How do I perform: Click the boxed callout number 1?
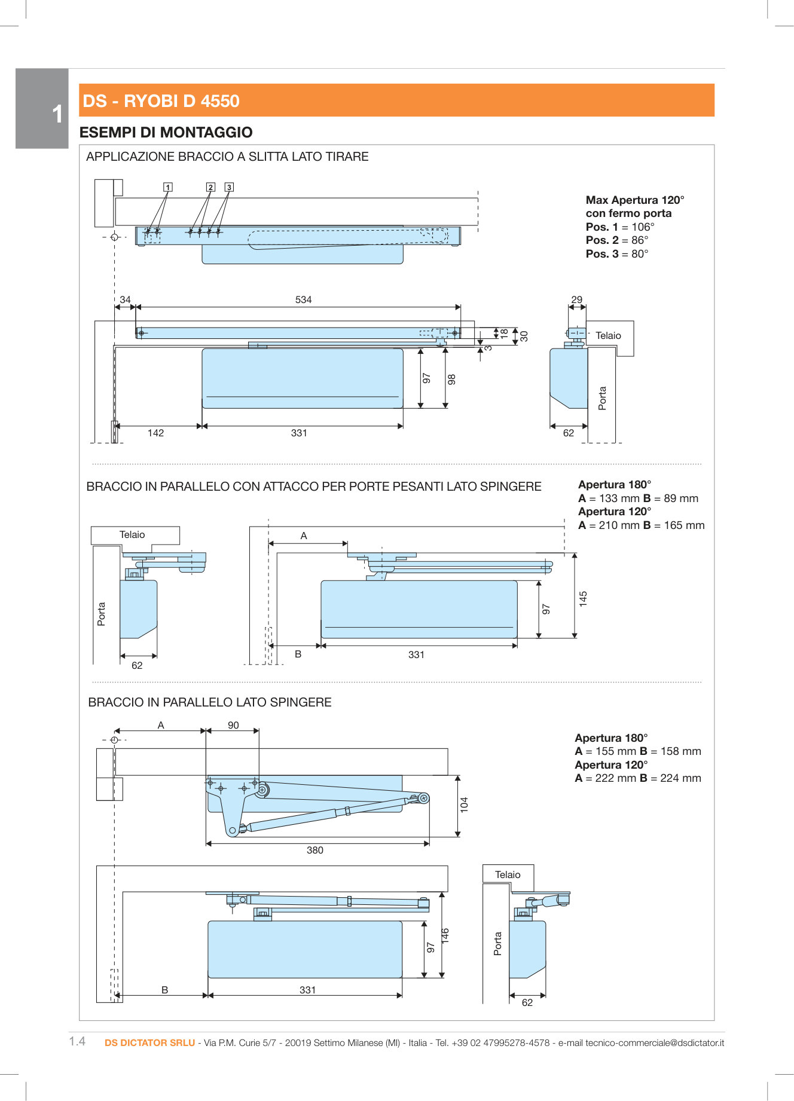tap(168, 187)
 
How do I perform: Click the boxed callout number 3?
tap(229, 187)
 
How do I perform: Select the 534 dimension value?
tap(303, 299)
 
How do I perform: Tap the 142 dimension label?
tap(155, 433)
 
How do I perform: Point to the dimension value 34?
tap(125, 299)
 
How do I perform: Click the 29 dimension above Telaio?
tap(576, 299)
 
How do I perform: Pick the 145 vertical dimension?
tap(583, 599)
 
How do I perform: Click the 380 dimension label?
tap(314, 850)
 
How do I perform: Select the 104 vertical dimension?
tap(464, 805)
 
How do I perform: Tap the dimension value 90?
tap(233, 725)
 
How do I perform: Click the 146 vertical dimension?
tap(445, 936)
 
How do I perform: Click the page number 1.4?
tap(77, 1041)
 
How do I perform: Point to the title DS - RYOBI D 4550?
tap(161, 101)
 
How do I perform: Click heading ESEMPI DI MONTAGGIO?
tap(166, 132)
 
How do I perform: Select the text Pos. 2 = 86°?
tap(616, 240)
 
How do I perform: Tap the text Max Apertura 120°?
tap(634, 200)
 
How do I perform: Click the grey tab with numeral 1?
tap(42, 109)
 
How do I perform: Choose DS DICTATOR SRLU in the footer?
tap(149, 1042)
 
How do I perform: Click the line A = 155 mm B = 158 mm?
tap(637, 751)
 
